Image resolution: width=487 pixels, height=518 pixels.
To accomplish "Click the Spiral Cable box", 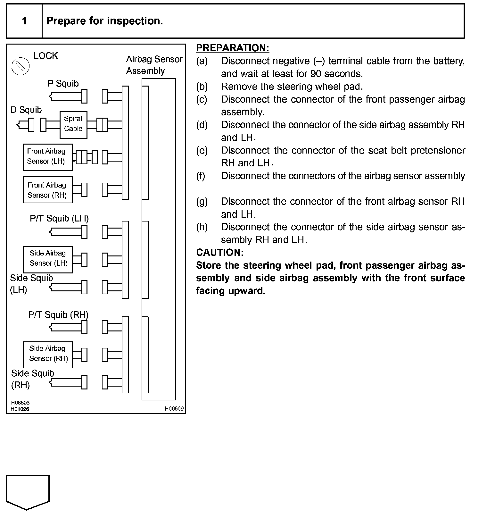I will pyautogui.click(x=73, y=124).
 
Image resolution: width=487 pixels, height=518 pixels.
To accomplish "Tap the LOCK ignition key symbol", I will pyautogui.click(x=21, y=66).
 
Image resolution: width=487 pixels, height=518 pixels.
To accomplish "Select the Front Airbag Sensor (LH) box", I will pyautogui.click(x=48, y=157).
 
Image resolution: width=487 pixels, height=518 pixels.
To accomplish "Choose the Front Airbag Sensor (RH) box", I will pyautogui.click(x=48, y=190).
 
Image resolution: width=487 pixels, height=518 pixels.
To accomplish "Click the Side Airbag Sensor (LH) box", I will pyautogui.click(x=48, y=259).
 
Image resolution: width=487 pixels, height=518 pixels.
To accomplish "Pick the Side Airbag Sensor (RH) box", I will pyautogui.click(x=48, y=355).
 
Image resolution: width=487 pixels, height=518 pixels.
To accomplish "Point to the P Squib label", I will pyautogui.click(x=63, y=84).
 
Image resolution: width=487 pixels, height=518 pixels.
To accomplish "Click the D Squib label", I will pyautogui.click(x=26, y=110).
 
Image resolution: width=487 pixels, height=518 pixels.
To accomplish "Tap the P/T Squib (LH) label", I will pyautogui.click(x=59, y=218).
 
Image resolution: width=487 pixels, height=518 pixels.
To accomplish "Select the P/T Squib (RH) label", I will pyautogui.click(x=58, y=314).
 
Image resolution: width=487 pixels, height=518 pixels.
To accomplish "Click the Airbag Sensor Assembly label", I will pyautogui.click(x=154, y=65).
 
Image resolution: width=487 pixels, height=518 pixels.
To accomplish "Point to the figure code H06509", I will pyautogui.click(x=174, y=409).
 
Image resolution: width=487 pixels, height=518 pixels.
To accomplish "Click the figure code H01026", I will pyautogui.click(x=20, y=409).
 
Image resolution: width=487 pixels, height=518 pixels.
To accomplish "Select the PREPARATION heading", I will pyautogui.click(x=233, y=48).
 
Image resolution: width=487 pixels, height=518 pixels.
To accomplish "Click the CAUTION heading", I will pyautogui.click(x=220, y=253).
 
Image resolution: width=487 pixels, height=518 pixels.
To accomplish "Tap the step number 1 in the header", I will pyautogui.click(x=24, y=21).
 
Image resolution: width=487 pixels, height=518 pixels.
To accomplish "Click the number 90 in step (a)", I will pyautogui.click(x=316, y=74).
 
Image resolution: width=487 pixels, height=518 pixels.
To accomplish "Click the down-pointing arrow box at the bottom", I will pyautogui.click(x=28, y=492).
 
